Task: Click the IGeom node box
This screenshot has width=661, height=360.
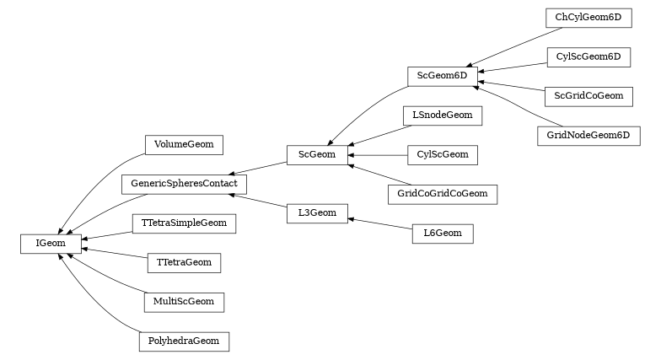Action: click(x=51, y=244)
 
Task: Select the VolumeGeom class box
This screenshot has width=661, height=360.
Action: click(x=183, y=144)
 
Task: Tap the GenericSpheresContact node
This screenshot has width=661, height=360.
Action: click(x=184, y=183)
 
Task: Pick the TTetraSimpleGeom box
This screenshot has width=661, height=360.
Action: click(x=183, y=223)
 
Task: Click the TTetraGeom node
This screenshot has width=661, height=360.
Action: click(x=184, y=262)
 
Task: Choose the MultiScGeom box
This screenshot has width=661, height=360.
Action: click(x=183, y=301)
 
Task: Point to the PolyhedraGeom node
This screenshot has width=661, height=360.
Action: click(x=183, y=341)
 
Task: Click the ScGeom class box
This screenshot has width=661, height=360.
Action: click(x=317, y=154)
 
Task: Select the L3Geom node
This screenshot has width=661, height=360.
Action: click(x=317, y=212)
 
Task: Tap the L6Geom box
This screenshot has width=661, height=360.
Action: click(x=443, y=233)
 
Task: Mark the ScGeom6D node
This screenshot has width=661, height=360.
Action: click(x=443, y=76)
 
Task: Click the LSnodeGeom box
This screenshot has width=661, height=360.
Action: click(x=443, y=115)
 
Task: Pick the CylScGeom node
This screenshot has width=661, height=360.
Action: click(x=443, y=154)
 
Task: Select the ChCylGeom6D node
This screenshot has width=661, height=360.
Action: click(x=588, y=17)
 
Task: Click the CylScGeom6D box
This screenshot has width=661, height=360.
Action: click(x=588, y=56)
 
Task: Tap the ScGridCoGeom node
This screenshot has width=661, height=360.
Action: click(x=588, y=95)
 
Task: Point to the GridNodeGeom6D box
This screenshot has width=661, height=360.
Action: click(x=588, y=135)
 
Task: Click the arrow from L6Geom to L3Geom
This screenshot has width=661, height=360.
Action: click(x=379, y=223)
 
